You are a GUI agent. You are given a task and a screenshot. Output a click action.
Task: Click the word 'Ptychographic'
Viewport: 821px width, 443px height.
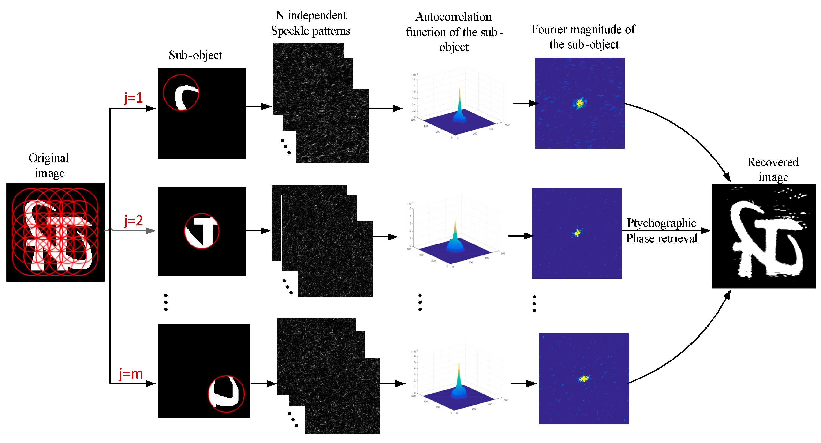661,223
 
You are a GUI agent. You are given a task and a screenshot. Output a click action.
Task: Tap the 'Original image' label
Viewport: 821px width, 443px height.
49,165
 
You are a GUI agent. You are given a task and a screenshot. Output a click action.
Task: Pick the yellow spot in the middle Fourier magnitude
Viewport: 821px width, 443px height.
577,233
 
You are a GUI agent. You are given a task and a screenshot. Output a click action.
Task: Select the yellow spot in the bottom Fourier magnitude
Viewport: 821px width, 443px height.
584,379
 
